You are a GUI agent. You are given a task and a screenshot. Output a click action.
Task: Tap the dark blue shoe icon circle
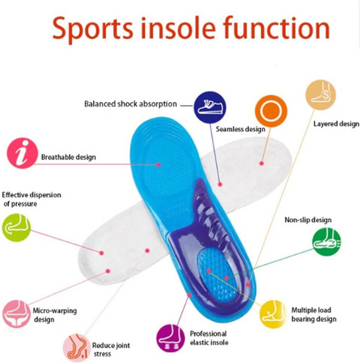click(210, 107)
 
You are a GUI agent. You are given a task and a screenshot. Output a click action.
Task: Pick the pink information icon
click(22, 153)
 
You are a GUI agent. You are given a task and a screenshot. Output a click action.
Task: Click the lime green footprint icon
click(16, 227)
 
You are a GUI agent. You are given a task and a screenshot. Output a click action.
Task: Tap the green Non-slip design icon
click(327, 242)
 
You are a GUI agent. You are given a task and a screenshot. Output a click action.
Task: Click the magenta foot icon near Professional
click(170, 337)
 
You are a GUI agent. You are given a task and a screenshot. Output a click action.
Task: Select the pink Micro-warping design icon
click(16, 313)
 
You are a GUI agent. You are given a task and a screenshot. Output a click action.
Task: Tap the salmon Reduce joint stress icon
click(76, 347)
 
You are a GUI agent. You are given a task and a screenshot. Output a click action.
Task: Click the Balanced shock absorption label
click(130, 103)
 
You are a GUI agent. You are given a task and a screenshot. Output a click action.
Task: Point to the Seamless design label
click(240, 129)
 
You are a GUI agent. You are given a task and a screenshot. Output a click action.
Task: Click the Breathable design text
click(69, 157)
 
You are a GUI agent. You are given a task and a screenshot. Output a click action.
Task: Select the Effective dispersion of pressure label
click(31, 199)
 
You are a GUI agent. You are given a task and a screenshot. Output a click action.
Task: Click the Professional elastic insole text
click(208, 339)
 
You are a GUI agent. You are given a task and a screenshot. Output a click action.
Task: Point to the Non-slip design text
click(307, 220)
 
